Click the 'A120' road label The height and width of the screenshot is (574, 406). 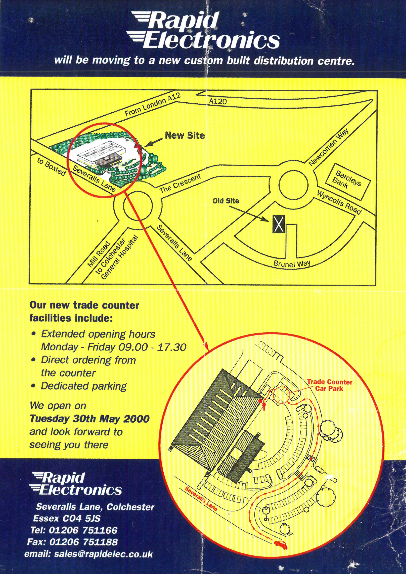coord(218,101)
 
